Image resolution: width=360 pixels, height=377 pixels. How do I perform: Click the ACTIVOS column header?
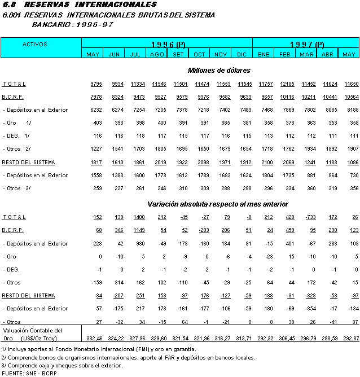coord(34,44)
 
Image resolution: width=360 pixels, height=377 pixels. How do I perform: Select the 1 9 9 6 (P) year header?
coord(168,44)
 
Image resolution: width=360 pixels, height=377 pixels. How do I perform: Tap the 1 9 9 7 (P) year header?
coord(307,44)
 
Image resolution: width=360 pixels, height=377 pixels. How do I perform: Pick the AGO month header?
coord(157,54)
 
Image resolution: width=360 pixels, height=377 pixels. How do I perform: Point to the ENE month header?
coord(264,54)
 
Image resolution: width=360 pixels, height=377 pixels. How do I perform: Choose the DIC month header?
coord(242,54)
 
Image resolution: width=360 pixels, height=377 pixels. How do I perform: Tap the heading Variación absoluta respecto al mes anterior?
coord(218,204)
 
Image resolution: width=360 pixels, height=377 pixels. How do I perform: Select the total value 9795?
coord(96,84)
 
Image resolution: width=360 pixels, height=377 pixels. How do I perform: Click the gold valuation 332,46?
coord(94,337)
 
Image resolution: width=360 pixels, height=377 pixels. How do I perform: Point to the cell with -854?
coord(308,309)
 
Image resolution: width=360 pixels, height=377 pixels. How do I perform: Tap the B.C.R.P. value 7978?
coord(96,97)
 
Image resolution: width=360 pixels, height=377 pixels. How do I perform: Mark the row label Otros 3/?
coord(17,188)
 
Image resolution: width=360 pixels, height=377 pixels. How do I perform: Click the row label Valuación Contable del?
coord(32,330)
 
